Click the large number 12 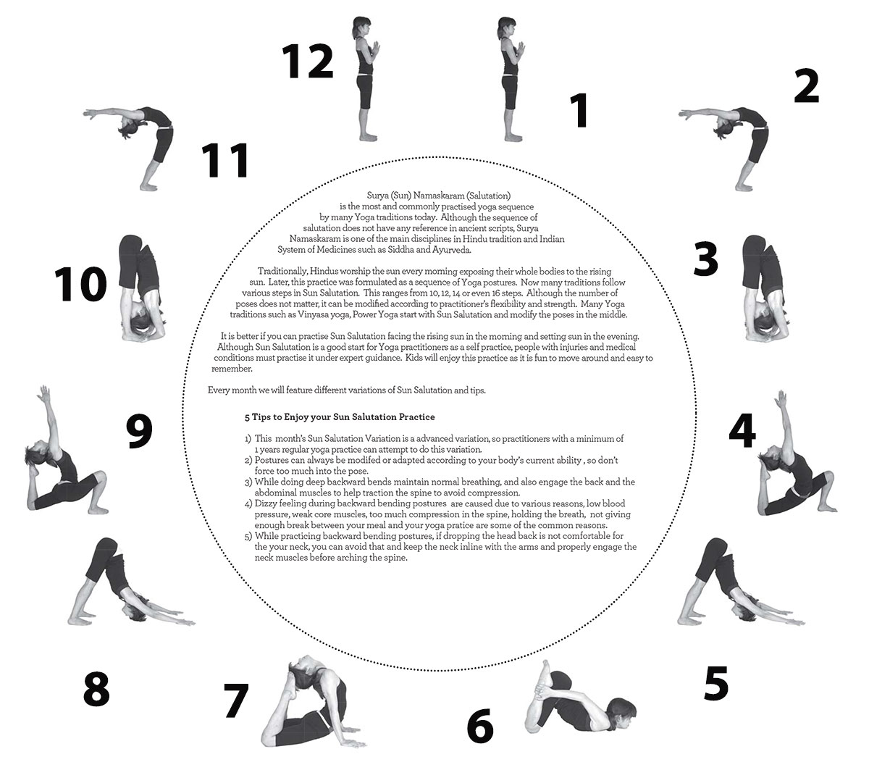[308, 62]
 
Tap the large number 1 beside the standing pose [580, 111]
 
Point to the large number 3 [705, 259]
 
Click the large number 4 [742, 431]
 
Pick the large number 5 [715, 683]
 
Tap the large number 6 [480, 725]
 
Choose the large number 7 [236, 700]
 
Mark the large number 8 [96, 690]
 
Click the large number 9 [139, 431]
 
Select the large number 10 [80, 284]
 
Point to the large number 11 [224, 160]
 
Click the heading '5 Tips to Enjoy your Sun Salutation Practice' [340, 417]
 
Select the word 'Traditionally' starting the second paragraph [282, 272]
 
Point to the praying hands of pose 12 [376, 48]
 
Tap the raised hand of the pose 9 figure [44, 393]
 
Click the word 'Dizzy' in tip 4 [266, 503]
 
